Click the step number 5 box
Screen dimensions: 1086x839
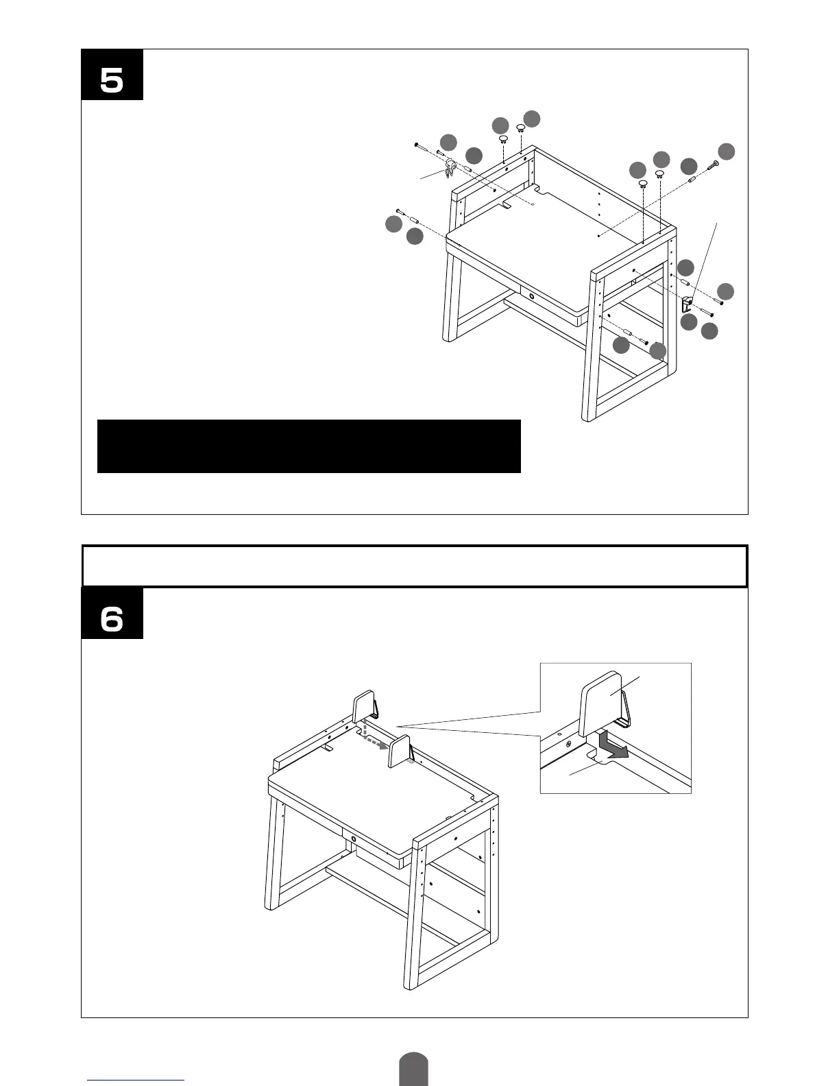[112, 75]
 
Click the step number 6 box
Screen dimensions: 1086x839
[112, 614]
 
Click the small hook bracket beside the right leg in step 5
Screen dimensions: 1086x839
[687, 302]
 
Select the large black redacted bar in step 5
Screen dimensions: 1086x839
[308, 446]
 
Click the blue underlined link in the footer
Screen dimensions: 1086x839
[136, 1080]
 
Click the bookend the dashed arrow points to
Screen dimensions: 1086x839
[400, 751]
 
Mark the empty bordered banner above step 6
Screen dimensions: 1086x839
[414, 566]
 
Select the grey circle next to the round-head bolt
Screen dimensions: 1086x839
[727, 151]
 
